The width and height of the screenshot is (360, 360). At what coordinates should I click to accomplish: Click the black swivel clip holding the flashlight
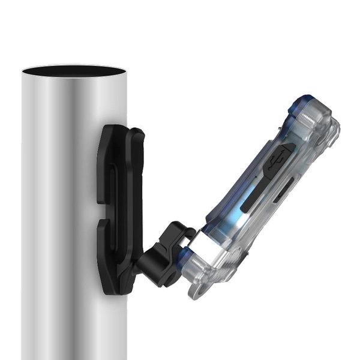[x=163, y=255]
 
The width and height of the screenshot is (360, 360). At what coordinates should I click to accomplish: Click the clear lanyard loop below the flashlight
[x=201, y=288]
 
